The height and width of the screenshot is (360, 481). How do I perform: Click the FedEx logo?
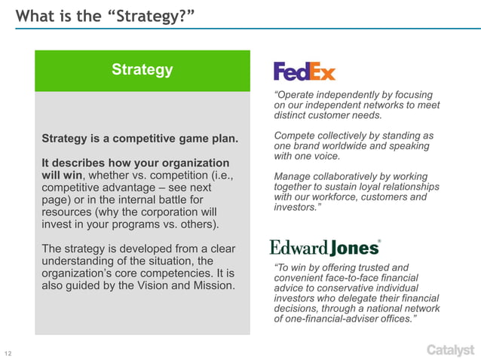coord(304,72)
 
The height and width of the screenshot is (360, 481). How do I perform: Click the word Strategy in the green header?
coord(142,70)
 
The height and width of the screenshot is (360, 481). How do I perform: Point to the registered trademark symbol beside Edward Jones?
coord(378,242)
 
